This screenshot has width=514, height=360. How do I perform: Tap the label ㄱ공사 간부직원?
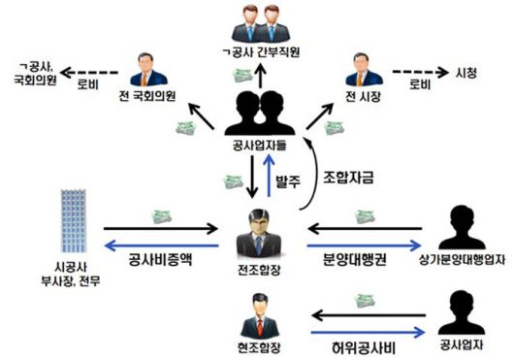(x=258, y=54)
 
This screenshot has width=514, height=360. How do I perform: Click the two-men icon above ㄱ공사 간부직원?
(x=257, y=24)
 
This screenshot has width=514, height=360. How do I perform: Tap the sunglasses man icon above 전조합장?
(x=258, y=231)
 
